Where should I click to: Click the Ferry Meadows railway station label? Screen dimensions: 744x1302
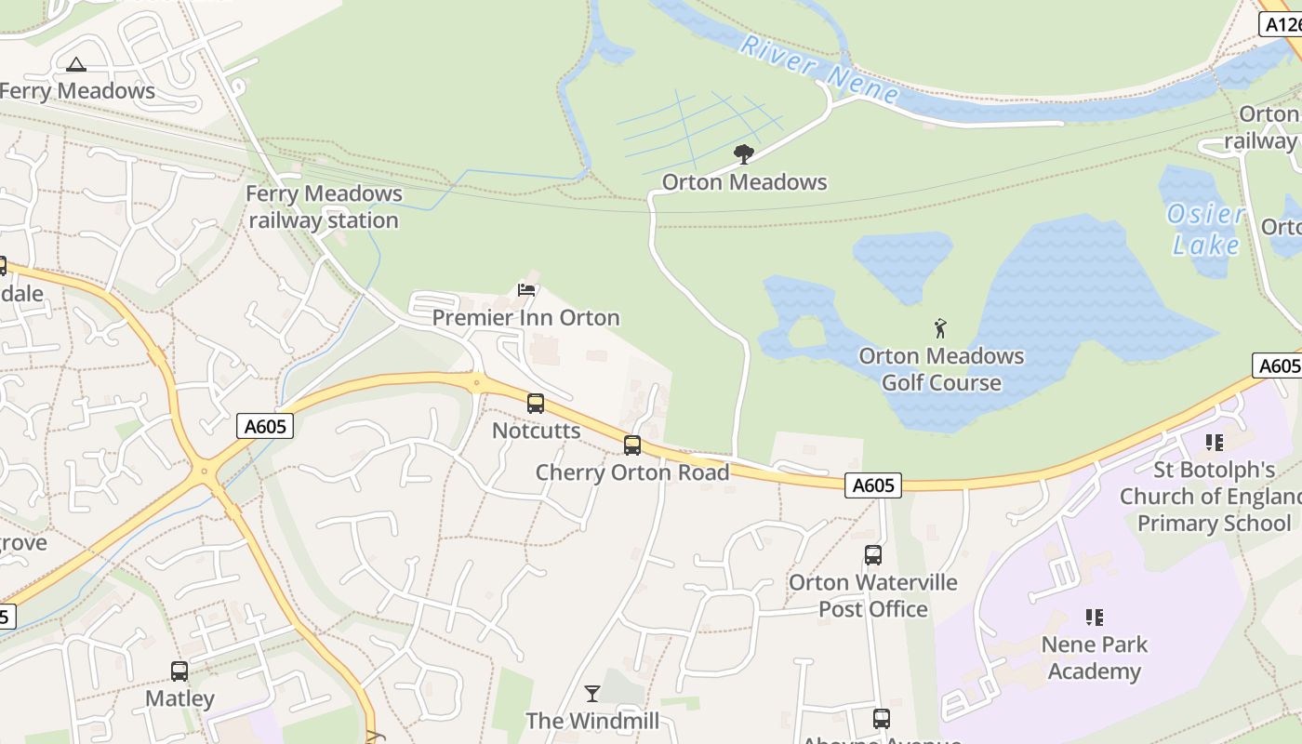[x=324, y=207]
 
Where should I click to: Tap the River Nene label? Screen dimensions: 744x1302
[x=819, y=68]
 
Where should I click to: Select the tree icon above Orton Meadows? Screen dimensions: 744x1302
[x=744, y=154]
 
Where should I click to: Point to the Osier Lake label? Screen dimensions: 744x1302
[x=1206, y=229]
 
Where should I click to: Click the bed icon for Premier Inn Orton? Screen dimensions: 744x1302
[x=526, y=290]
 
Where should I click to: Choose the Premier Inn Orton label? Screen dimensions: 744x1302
[x=525, y=317]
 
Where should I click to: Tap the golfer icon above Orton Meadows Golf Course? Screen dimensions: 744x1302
[x=941, y=328]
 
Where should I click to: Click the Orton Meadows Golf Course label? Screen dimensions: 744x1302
[x=941, y=369]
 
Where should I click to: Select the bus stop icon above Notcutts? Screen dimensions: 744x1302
[x=536, y=404]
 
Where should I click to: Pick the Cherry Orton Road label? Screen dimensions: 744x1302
[x=632, y=472]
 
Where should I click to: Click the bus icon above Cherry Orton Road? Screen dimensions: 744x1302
[x=632, y=445]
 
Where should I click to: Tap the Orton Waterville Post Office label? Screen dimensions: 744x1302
[x=872, y=595]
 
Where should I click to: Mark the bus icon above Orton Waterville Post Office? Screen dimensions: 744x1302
[x=873, y=555]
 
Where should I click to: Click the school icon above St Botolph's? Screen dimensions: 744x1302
[x=1214, y=443]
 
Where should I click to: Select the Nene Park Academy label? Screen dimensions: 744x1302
[x=1094, y=658]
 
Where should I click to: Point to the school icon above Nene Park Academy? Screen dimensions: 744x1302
[x=1095, y=617]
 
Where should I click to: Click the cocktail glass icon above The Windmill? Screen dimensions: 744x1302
[x=591, y=693]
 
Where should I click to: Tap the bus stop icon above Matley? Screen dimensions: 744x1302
[x=179, y=671]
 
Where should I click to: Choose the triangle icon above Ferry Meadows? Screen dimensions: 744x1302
[x=76, y=64]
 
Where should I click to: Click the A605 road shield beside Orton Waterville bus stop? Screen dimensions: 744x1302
[x=873, y=485]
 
